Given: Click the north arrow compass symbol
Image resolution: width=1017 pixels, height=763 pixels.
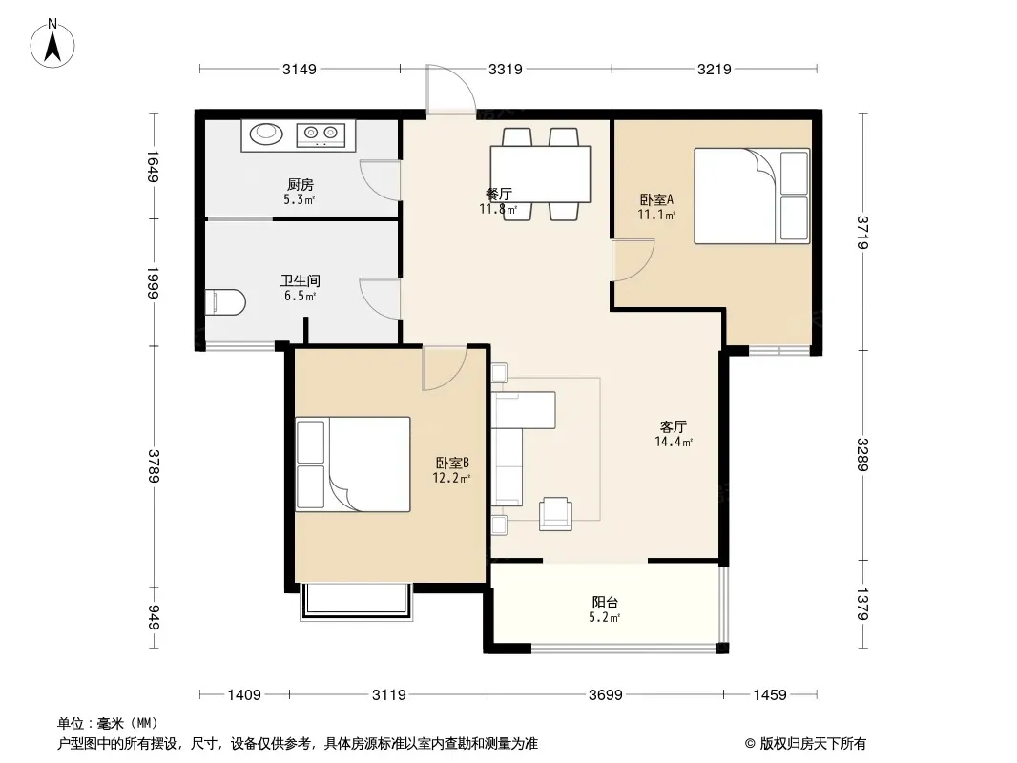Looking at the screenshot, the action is click(52, 44).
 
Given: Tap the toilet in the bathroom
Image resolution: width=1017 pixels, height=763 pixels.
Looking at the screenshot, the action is click(226, 302).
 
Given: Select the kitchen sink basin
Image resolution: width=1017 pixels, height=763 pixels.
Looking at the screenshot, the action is click(266, 134).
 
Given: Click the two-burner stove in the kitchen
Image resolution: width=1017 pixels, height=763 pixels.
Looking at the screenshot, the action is click(322, 134).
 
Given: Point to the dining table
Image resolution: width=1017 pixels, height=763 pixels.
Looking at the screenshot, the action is click(540, 174).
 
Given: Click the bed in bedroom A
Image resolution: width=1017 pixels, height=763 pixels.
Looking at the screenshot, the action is click(752, 196).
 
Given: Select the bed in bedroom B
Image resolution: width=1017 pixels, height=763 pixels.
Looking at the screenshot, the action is click(353, 464).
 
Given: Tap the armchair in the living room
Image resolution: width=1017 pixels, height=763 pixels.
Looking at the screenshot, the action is click(555, 514).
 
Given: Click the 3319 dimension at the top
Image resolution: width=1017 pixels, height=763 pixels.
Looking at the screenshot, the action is click(506, 69).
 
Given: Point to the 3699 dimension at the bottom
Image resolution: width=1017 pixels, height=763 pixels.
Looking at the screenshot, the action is click(605, 695).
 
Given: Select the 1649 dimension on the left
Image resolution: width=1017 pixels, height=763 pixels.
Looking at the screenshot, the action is click(153, 166).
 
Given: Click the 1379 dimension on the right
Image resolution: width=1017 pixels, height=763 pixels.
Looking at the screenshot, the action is click(862, 604).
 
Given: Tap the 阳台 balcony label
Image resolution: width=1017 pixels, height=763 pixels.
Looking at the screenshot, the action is click(605, 602).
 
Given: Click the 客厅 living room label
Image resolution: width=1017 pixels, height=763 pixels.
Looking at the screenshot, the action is click(674, 426).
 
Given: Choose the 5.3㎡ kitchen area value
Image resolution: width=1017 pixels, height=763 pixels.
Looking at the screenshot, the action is click(299, 199).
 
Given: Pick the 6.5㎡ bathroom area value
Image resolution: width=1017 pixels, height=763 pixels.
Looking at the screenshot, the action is click(300, 297).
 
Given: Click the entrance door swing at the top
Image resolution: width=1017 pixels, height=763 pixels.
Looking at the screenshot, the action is click(451, 90).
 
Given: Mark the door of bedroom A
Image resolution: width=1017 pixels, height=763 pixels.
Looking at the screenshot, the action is click(633, 260).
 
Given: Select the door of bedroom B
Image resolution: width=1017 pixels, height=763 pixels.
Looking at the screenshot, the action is click(445, 368).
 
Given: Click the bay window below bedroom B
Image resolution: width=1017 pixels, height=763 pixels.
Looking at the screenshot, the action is click(356, 602).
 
